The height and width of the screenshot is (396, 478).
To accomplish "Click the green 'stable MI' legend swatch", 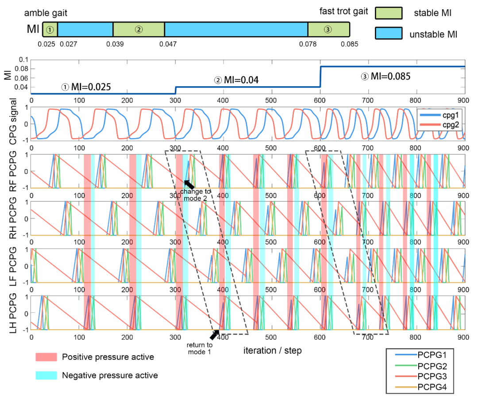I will click(389, 13).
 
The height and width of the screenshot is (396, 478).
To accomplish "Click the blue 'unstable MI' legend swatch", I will click(389, 33).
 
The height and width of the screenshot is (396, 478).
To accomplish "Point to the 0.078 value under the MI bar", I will click(308, 44).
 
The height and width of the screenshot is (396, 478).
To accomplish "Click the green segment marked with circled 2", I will click(139, 30).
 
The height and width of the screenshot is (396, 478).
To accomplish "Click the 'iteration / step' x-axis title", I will click(272, 351).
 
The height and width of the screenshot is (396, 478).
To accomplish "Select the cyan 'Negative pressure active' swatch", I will click(46, 375).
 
